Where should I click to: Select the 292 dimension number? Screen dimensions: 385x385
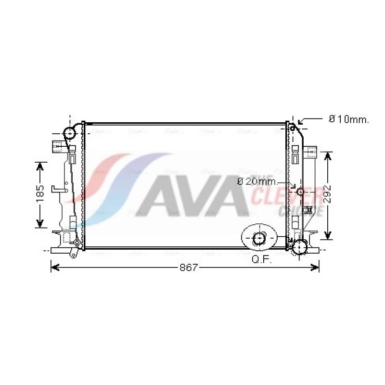(x=328, y=195)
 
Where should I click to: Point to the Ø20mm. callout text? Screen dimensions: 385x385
(x=257, y=181)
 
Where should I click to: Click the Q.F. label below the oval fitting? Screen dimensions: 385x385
(x=262, y=260)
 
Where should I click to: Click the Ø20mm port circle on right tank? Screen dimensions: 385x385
(x=301, y=192)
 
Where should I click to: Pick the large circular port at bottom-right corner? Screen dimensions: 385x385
(x=300, y=247)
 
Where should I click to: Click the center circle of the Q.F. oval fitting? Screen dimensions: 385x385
(x=259, y=238)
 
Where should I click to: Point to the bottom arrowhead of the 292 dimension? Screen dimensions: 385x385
(x=328, y=236)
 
